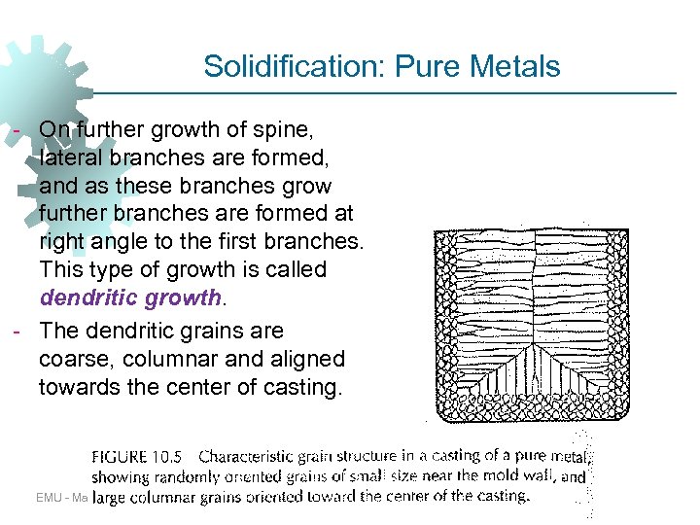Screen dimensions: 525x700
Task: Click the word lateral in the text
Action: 70,157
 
